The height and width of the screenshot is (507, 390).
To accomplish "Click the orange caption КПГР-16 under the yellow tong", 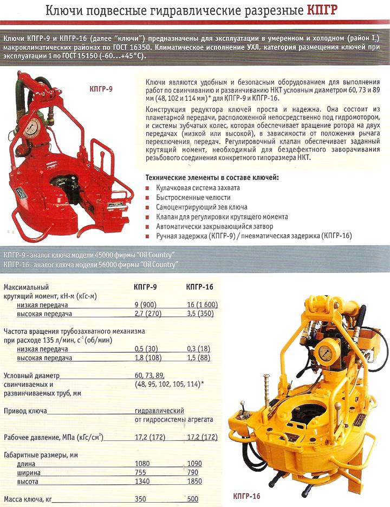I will tap(246, 496).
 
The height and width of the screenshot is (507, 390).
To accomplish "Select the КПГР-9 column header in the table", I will tap(145, 287).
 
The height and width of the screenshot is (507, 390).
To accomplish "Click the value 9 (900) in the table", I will tap(146, 305).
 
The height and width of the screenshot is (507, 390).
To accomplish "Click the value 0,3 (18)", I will tap(198, 349).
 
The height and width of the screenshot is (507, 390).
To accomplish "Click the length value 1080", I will tap(144, 464).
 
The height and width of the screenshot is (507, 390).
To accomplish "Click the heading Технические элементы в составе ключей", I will tap(212, 178).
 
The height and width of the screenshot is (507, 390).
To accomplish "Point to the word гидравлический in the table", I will tap(159, 411).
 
